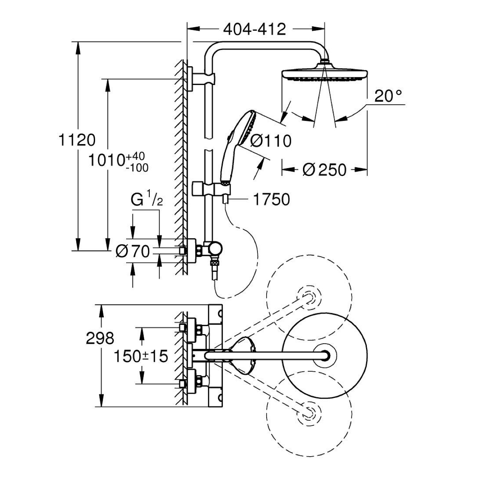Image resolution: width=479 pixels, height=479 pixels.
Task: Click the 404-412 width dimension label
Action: pos(254,29)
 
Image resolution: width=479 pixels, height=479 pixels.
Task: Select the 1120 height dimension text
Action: pos(77,140)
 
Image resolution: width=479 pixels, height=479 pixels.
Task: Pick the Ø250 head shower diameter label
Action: pos(324,170)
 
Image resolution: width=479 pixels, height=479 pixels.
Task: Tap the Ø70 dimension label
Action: pos(132,251)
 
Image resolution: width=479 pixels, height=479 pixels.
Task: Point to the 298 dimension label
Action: pos(100,338)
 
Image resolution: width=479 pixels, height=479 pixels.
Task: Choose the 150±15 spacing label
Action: pos(140,356)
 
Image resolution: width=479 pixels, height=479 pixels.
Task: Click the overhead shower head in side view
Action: pos(324,74)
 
